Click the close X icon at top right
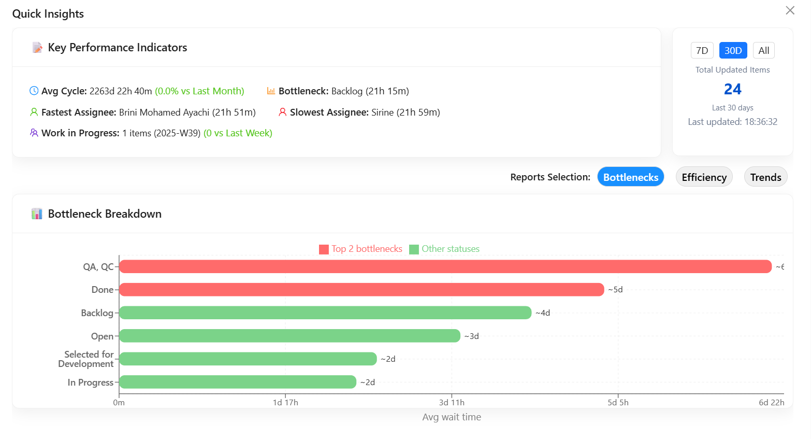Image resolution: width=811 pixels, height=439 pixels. click(x=790, y=10)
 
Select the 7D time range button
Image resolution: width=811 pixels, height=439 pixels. click(x=702, y=50)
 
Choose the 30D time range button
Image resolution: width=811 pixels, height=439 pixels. click(x=733, y=50)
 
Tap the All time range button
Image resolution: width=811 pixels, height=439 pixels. click(x=763, y=50)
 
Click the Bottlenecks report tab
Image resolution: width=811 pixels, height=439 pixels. click(x=630, y=177)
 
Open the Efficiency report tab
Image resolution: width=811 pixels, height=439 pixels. click(x=704, y=177)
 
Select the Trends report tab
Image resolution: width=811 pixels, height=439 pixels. click(x=765, y=177)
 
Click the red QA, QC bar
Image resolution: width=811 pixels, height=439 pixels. click(x=445, y=266)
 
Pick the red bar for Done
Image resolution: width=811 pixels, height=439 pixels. click(x=361, y=290)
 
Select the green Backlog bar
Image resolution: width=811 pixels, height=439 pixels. click(x=325, y=313)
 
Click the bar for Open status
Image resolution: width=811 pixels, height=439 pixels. click(x=289, y=336)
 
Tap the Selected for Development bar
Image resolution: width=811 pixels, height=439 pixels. click(x=248, y=359)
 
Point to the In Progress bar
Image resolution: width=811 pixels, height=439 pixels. click(x=238, y=382)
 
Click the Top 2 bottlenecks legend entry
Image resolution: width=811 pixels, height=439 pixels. click(x=361, y=249)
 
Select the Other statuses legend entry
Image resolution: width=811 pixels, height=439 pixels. click(x=445, y=249)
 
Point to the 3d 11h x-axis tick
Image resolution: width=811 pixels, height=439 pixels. click(x=452, y=403)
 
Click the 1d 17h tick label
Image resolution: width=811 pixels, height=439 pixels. click(x=285, y=403)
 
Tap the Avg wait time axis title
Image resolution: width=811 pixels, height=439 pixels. click(x=452, y=417)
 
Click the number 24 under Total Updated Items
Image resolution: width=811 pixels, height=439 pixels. click(x=732, y=89)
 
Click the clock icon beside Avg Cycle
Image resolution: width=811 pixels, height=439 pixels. click(x=34, y=91)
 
